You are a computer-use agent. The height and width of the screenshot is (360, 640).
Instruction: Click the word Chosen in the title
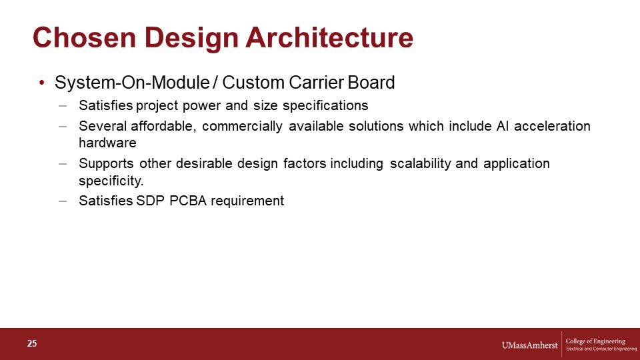pyautogui.click(x=85, y=37)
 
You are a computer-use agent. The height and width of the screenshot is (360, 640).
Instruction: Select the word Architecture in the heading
pyautogui.click(x=329, y=37)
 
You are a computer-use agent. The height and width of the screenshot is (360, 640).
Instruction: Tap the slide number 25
pyautogui.click(x=32, y=344)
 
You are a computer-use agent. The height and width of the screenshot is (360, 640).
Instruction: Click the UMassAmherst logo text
pyautogui.click(x=529, y=345)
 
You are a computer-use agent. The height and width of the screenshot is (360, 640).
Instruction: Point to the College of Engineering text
pyautogui.click(x=595, y=341)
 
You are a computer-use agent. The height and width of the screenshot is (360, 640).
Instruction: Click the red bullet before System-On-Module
pyautogui.click(x=41, y=83)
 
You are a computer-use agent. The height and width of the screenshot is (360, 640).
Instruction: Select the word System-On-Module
pyautogui.click(x=132, y=83)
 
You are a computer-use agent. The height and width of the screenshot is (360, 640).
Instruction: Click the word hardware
pyautogui.click(x=107, y=143)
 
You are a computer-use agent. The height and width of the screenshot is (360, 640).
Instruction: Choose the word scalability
pyautogui.click(x=421, y=164)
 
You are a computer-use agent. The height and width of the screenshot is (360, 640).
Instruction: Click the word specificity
pyautogui.click(x=111, y=181)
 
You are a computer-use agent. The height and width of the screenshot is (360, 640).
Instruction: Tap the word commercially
pyautogui.click(x=242, y=126)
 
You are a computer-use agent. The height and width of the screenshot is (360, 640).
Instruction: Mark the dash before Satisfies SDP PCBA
pyautogui.click(x=63, y=201)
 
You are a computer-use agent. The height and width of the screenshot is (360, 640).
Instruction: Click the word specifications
pyautogui.click(x=325, y=106)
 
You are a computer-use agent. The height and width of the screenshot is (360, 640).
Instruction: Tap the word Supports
pyautogui.click(x=106, y=164)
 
